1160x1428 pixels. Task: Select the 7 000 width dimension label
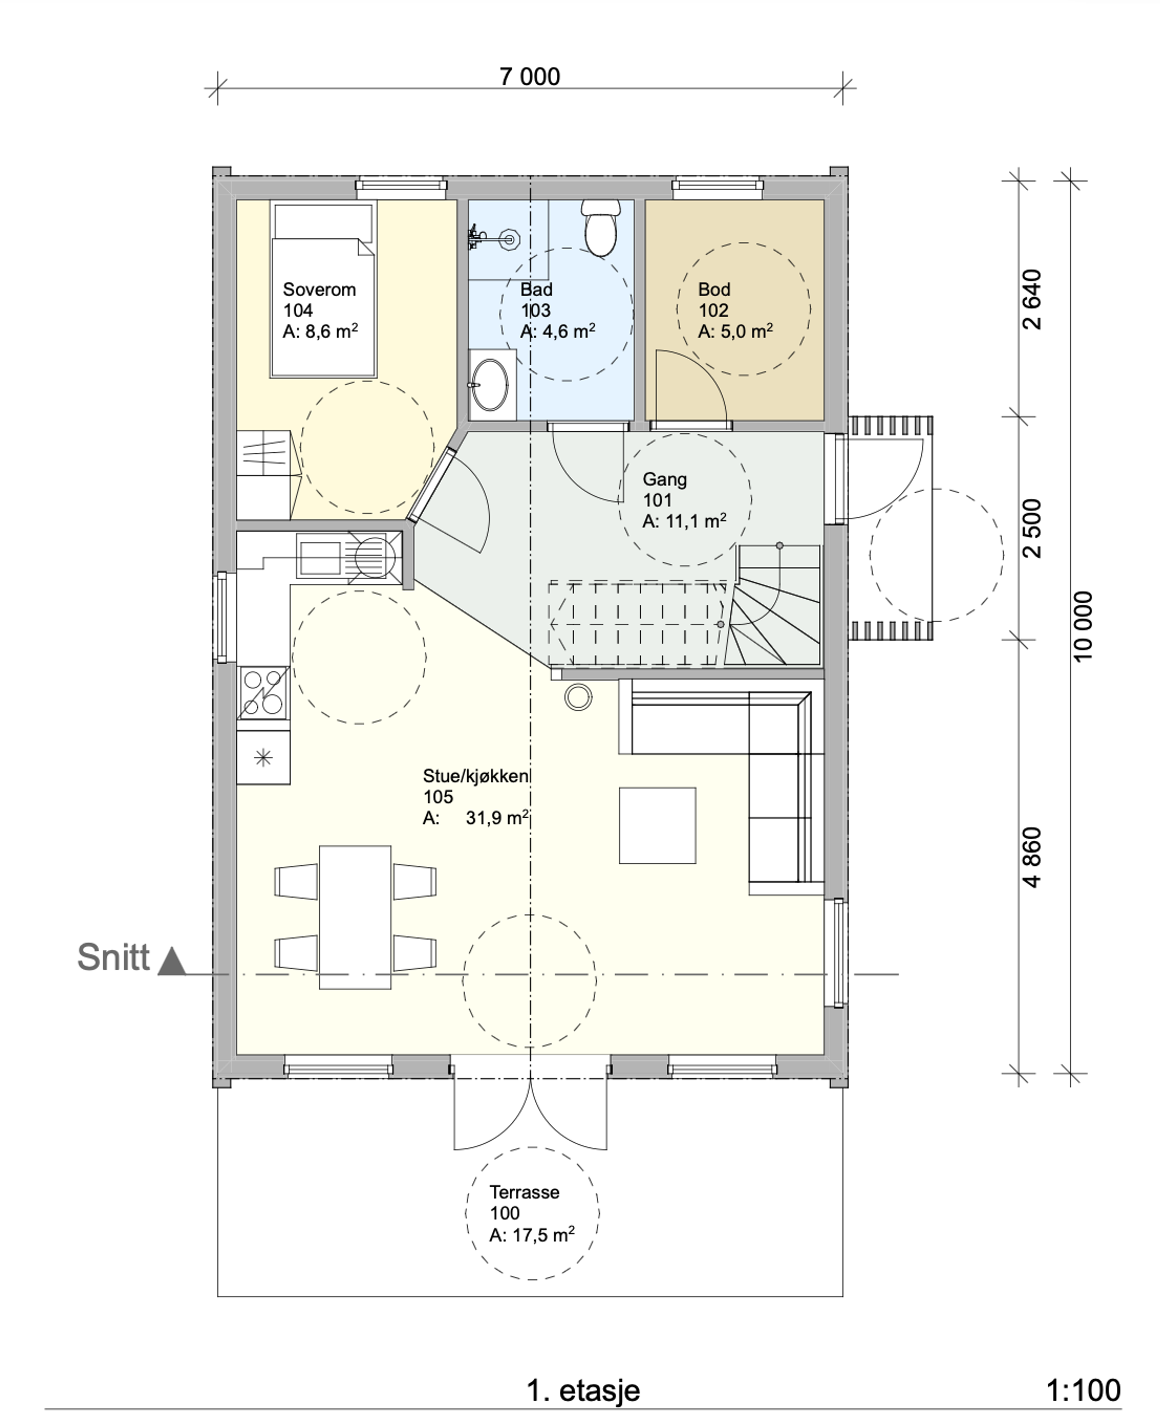pos(530,77)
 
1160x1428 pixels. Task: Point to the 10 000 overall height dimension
pos(1082,626)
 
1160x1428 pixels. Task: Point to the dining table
pos(355,917)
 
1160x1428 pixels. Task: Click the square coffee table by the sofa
pos(658,826)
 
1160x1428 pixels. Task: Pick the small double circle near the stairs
pos(578,697)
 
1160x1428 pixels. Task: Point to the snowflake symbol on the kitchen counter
pos(263,757)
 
